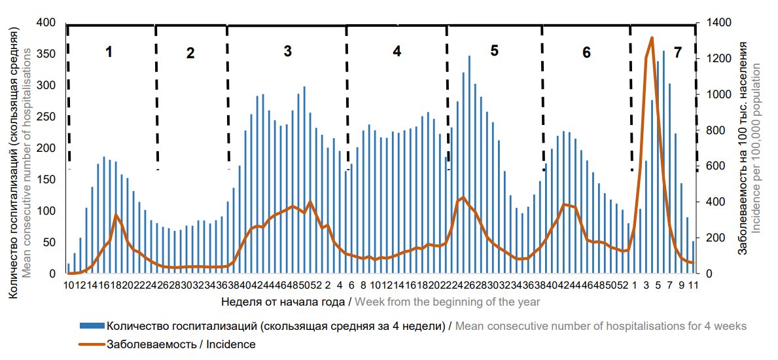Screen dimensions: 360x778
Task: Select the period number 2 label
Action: tap(190, 53)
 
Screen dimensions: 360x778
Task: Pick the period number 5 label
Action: tap(494, 50)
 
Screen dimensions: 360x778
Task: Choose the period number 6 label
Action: tap(586, 52)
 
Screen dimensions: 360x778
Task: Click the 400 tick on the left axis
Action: tap(50, 23)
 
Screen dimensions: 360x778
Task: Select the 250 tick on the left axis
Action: tap(50, 117)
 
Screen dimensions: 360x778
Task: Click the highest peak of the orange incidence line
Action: tap(652, 38)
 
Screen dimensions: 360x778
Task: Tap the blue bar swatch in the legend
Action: tap(91, 325)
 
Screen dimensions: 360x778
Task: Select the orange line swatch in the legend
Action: tap(91, 343)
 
